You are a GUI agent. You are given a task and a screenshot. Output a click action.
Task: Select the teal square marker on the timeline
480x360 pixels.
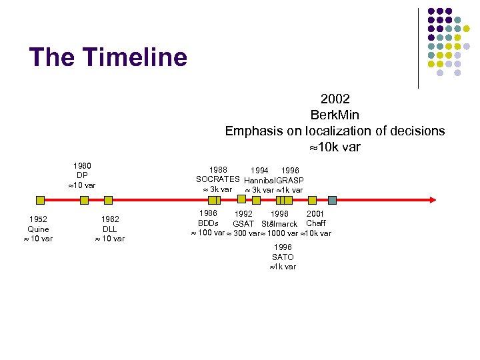pyautogui.click(x=332, y=199)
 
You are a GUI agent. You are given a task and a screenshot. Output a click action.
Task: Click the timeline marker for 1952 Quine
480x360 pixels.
pyautogui.click(x=40, y=199)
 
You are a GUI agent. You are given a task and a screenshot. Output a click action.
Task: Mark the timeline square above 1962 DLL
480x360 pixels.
pyautogui.click(x=109, y=199)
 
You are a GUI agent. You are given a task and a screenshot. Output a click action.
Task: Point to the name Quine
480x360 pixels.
pyautogui.click(x=38, y=229)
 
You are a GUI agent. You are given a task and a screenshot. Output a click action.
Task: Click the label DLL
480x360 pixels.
pyautogui.click(x=110, y=229)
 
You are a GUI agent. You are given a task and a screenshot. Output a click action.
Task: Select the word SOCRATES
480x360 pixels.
pyautogui.click(x=217, y=180)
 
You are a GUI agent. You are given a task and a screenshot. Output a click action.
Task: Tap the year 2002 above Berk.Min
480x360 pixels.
pyautogui.click(x=335, y=99)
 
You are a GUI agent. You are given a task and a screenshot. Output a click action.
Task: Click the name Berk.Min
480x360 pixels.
pyautogui.click(x=335, y=115)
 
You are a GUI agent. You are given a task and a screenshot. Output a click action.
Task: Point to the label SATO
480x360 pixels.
pyautogui.click(x=283, y=257)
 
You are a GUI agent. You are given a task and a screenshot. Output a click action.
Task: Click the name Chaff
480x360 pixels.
pyautogui.click(x=316, y=223)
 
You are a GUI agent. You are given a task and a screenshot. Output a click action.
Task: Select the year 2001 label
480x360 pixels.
pyautogui.click(x=315, y=214)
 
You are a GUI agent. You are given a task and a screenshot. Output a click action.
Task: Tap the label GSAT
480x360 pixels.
pyautogui.click(x=243, y=224)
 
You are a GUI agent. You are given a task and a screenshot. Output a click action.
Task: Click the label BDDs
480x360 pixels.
pyautogui.click(x=208, y=223)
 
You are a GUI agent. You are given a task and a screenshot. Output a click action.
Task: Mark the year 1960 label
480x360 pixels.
pyautogui.click(x=82, y=166)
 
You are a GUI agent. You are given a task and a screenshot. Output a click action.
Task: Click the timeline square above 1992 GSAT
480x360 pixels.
pyautogui.click(x=247, y=199)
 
